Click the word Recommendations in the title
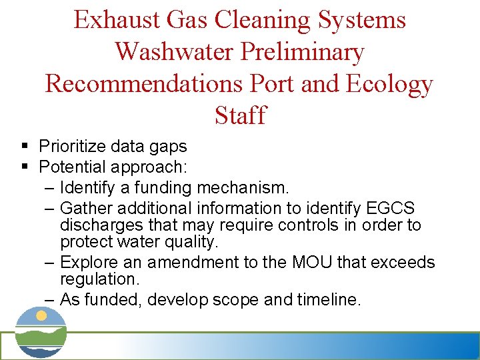145,84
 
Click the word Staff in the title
240,116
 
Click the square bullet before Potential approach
25,165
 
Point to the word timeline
328,299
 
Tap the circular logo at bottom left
41,332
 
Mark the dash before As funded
51,299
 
